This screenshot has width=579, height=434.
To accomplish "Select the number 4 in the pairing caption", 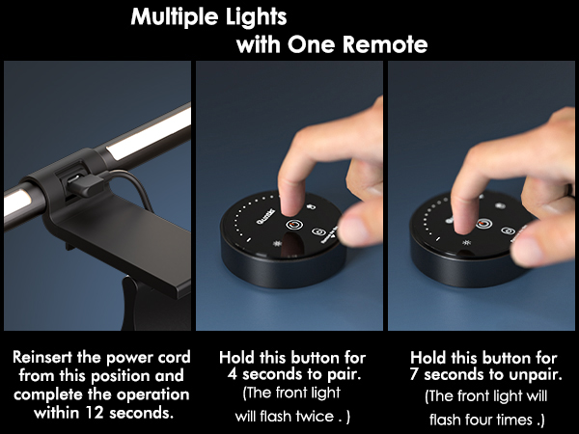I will (224, 374).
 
